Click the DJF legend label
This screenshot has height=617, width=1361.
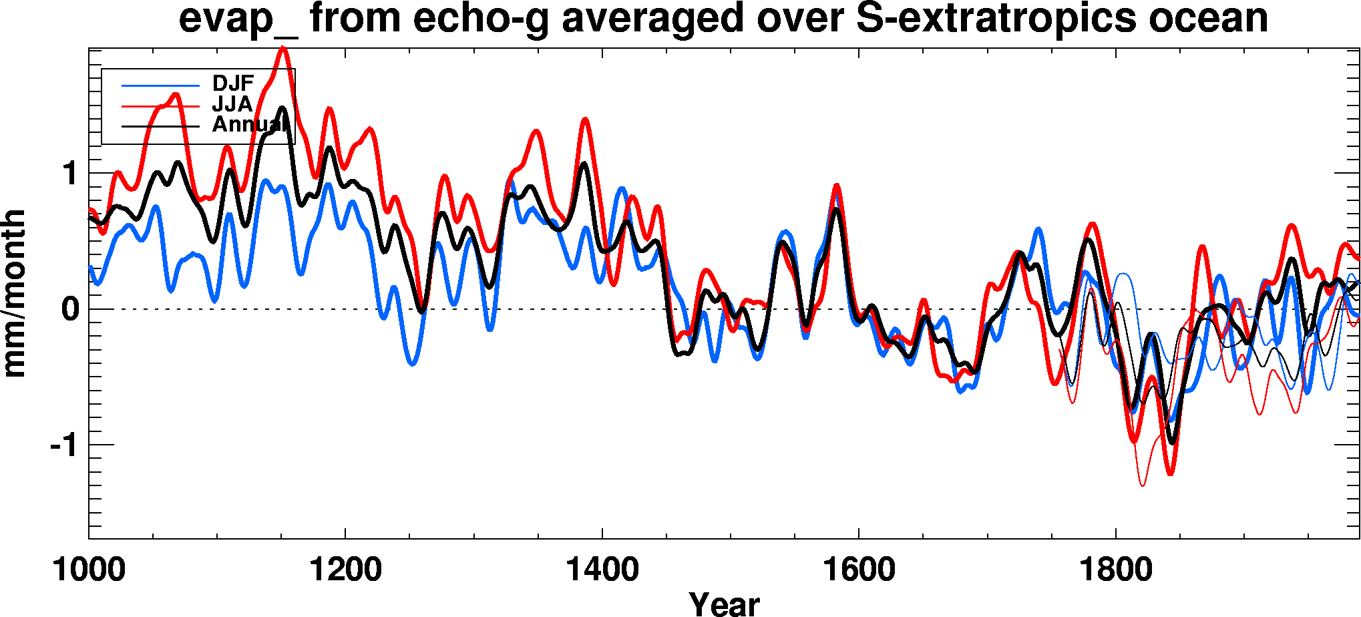233,83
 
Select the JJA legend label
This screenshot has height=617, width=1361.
232,104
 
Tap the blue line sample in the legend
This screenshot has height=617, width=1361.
160,86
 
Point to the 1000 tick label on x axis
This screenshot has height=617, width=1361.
89,570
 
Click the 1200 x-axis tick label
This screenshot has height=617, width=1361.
345,570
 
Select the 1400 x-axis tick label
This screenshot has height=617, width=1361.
602,570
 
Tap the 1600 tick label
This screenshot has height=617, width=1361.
859,570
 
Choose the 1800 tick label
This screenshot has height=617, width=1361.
1116,570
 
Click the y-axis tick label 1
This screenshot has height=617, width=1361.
69,174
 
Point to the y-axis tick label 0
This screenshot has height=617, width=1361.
69,309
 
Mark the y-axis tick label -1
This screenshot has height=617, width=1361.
64,445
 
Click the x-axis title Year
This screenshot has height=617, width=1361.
725,604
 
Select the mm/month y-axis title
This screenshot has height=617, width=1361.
15,294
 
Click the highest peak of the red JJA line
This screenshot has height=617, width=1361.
283,47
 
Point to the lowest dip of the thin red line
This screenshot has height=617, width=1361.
1142,485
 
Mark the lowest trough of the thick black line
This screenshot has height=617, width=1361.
1172,443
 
